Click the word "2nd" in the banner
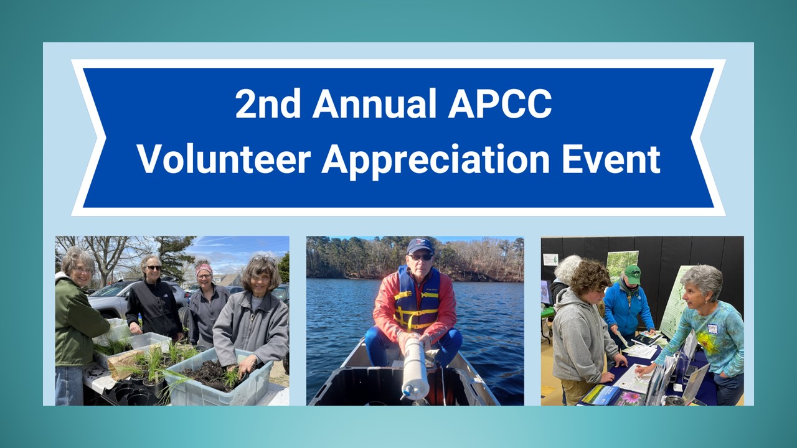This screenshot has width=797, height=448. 268,103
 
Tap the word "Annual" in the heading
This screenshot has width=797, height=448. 374,103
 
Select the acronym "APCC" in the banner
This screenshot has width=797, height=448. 500,103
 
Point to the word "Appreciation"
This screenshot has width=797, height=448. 435,161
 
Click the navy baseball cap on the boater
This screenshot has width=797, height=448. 420,246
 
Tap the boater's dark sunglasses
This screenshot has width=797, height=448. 420,257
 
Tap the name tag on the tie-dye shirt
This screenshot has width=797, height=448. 713,329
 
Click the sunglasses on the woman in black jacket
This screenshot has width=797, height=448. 154,268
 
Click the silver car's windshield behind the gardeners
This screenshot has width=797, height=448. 106,289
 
